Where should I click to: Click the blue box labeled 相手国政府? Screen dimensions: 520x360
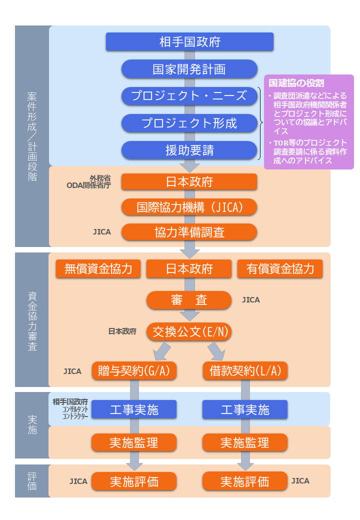point(189,41)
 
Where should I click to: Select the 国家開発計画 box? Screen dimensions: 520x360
point(189,69)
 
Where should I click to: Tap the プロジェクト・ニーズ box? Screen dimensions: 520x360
point(189,95)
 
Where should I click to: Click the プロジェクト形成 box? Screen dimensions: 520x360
point(189,122)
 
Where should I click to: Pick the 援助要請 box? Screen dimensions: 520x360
point(189,149)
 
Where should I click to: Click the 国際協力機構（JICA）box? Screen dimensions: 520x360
point(189,207)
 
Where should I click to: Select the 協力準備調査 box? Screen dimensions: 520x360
point(189,232)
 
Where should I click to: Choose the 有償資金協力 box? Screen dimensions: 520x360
point(280,269)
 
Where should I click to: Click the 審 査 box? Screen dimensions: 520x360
point(189,300)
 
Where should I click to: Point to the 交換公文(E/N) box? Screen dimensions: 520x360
point(189,331)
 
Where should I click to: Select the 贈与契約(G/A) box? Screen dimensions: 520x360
point(134,371)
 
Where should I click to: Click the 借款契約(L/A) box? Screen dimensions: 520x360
point(245,371)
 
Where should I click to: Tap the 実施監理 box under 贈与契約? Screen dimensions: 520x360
point(134,442)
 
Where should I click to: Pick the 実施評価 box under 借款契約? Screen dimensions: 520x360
point(245,481)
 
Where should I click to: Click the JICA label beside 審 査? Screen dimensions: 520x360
point(251,300)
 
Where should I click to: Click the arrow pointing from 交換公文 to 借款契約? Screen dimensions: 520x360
point(216,351)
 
